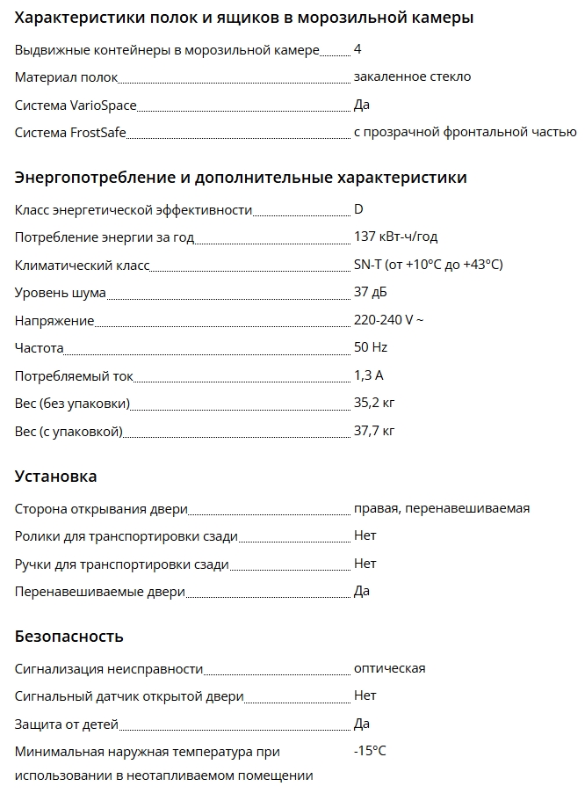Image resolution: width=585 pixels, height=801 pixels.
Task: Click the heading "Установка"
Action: coord(56,477)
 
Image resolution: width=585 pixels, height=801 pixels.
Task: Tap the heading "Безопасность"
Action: coord(69,636)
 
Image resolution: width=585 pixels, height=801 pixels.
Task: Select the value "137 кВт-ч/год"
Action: coord(395,237)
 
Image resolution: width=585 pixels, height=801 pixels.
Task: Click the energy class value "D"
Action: coord(358,209)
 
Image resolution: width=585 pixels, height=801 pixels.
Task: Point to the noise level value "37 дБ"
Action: coord(370,292)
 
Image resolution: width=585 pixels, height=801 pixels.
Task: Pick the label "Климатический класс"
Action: coord(83,265)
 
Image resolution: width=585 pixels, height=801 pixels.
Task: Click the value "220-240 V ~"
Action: coord(388,320)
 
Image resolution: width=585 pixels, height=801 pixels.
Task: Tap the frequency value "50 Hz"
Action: coord(371,347)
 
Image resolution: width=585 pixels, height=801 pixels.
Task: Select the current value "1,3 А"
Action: coord(369,375)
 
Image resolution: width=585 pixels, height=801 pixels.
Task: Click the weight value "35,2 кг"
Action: coord(374,404)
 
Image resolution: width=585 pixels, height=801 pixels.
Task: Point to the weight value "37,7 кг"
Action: coord(374,431)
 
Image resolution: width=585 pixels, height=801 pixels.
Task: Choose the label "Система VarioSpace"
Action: coord(76,106)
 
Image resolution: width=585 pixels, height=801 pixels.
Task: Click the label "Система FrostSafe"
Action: coord(71,133)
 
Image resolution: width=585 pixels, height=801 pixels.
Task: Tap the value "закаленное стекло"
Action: coord(412,76)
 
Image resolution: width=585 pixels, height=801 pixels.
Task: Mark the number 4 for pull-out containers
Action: coord(357,49)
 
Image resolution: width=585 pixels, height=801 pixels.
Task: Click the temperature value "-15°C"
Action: coord(370,751)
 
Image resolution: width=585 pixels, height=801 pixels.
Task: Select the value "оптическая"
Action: coord(389,668)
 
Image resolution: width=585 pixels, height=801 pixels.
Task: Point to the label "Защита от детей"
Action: coord(66,724)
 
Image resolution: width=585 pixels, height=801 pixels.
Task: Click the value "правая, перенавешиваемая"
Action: coord(441,508)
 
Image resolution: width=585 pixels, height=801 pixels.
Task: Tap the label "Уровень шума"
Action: coord(61,292)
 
